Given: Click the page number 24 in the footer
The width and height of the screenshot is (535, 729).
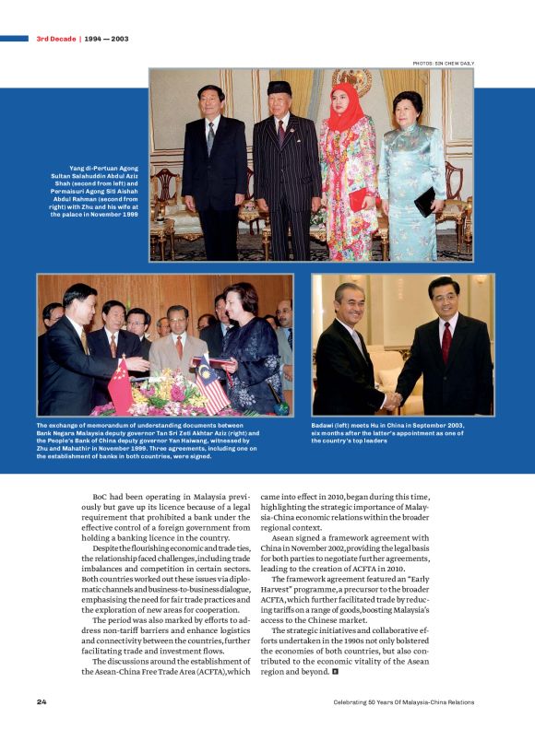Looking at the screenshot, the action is click(42, 702).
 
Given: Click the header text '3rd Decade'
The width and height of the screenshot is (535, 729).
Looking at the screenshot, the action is click(55, 39).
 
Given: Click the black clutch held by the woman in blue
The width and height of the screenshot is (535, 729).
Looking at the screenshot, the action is click(425, 200).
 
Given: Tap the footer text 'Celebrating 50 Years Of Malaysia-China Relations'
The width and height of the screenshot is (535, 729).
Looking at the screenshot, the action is click(404, 702).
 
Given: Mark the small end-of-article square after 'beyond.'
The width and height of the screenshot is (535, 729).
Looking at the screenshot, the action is click(338, 673).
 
